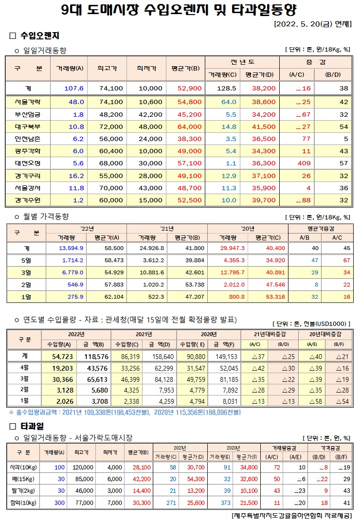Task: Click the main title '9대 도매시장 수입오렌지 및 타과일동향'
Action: point(180,10)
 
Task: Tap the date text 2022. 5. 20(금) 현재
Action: point(313,24)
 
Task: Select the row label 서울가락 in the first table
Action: point(28,102)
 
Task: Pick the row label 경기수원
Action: point(28,200)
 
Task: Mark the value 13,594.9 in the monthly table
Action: point(71,248)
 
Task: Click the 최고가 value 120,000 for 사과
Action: point(83,467)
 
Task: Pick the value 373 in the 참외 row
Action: point(224,502)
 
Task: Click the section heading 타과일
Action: point(33,426)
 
